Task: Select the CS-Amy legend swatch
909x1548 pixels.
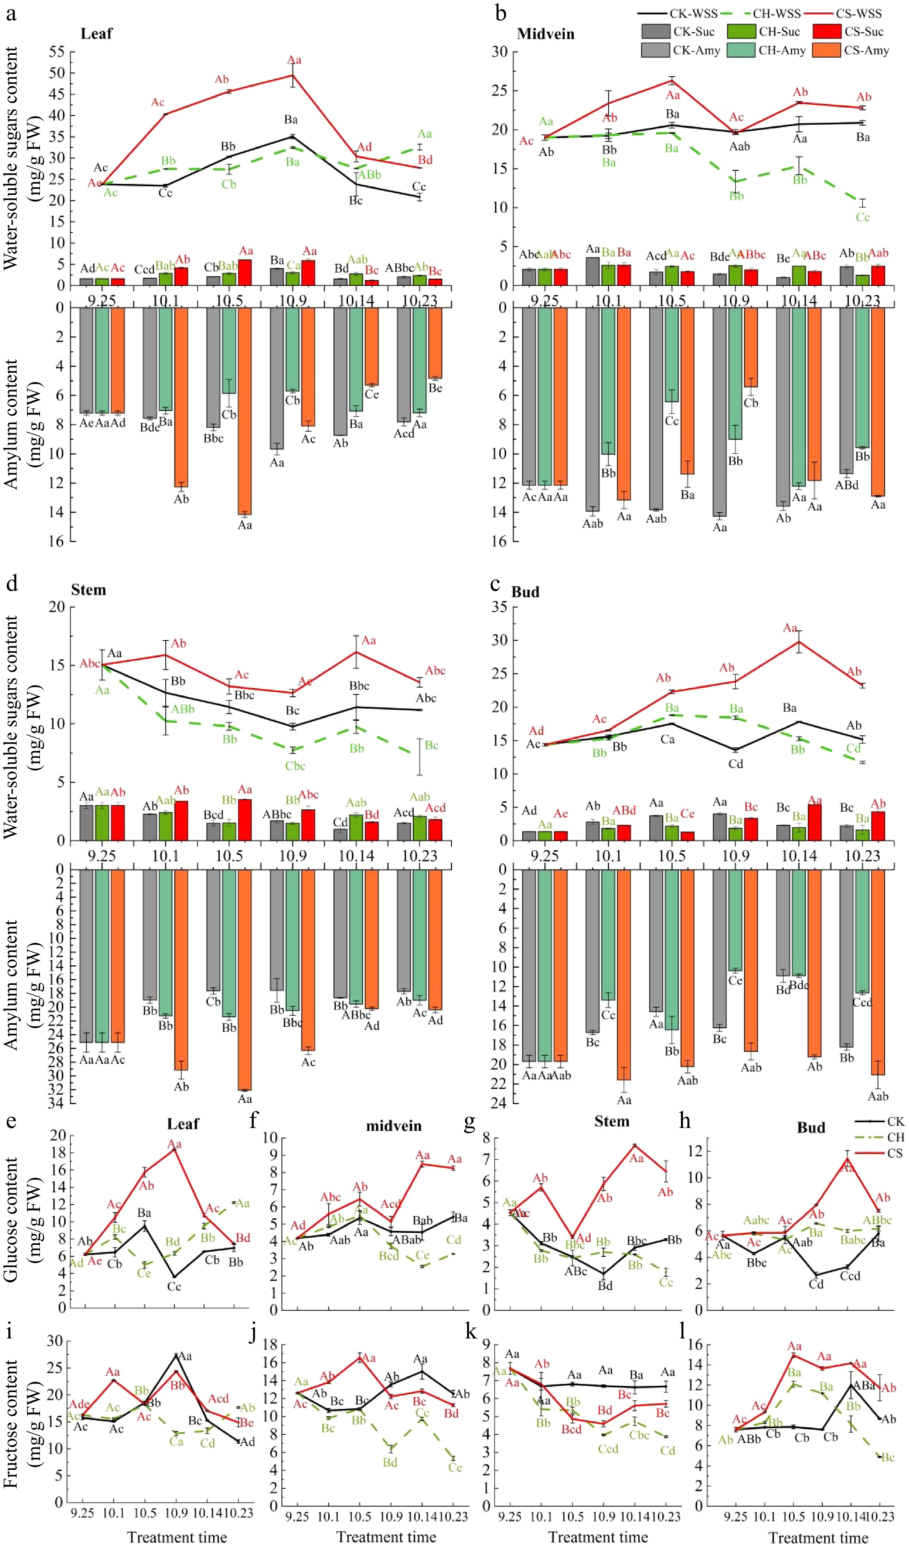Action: coord(825,50)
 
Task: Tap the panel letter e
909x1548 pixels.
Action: coord(11,1122)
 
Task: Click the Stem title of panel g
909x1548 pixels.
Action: coord(612,1122)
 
